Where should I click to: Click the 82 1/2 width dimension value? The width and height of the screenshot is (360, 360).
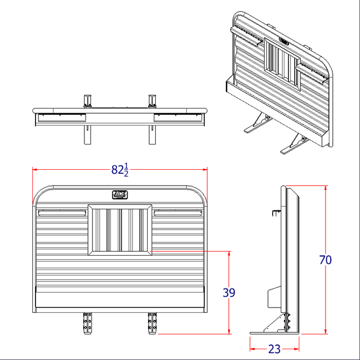click(x=120, y=170)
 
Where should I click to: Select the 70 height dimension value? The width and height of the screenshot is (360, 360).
click(x=326, y=260)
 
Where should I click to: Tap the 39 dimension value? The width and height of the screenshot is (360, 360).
click(x=229, y=293)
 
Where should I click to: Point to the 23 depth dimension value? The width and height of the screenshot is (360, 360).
click(x=275, y=349)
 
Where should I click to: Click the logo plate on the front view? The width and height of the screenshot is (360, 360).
click(x=120, y=194)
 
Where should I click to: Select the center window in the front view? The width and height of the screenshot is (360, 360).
click(x=120, y=230)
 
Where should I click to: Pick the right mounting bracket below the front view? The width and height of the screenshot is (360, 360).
click(x=152, y=322)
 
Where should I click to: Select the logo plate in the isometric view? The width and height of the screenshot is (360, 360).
click(x=284, y=39)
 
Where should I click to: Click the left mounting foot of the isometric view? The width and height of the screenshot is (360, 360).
click(x=256, y=125)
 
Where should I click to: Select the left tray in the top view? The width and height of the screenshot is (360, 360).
click(x=61, y=117)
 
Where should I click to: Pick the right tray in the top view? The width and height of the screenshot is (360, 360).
click(x=177, y=117)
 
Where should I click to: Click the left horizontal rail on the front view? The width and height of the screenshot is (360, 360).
click(x=61, y=211)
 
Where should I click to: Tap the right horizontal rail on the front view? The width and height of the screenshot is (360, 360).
click(x=178, y=211)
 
